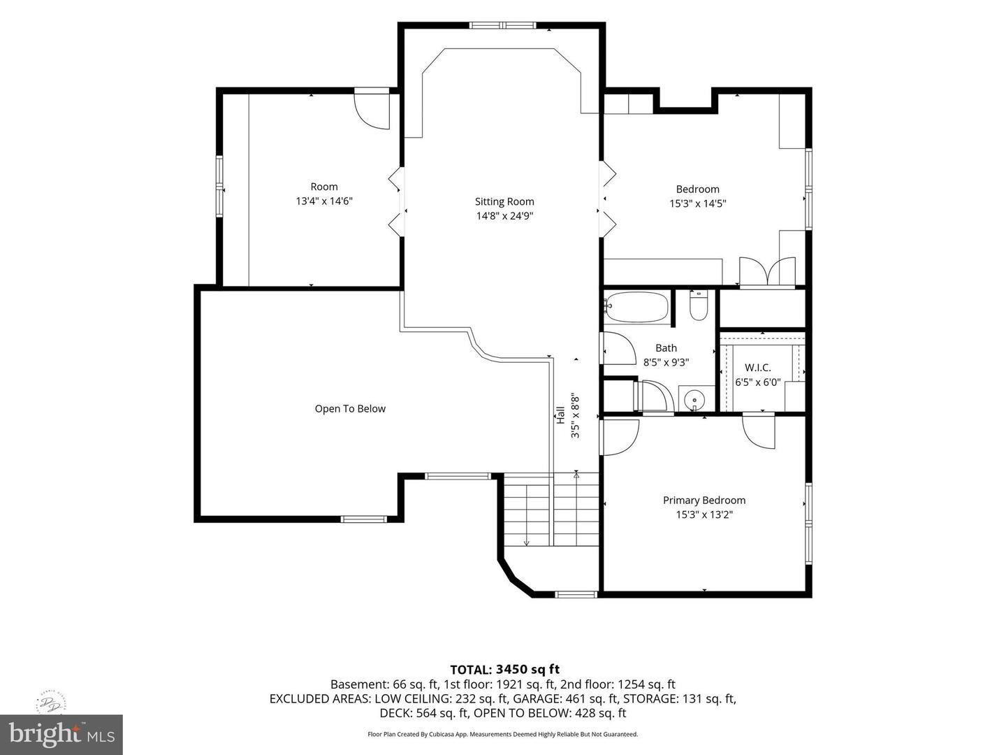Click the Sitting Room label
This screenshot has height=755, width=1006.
(x=504, y=201)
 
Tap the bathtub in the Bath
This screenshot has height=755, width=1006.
(x=636, y=307)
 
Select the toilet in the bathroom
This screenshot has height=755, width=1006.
(x=699, y=305)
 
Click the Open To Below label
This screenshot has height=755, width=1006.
(x=350, y=408)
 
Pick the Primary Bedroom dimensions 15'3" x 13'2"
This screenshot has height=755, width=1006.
(x=704, y=515)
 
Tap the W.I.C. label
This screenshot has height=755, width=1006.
(x=757, y=368)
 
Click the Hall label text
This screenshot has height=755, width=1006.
(x=560, y=415)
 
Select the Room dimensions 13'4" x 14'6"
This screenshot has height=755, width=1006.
(x=324, y=201)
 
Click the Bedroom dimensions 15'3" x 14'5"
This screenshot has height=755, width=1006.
(x=698, y=203)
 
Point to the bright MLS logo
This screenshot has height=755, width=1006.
(x=61, y=734)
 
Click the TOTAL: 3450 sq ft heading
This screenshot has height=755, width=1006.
(x=504, y=669)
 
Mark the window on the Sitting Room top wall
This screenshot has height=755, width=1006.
(x=503, y=25)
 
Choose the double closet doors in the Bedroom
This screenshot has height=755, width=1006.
(x=767, y=273)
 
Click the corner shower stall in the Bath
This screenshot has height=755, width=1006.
(x=654, y=396)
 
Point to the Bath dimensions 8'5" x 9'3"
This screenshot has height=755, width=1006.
(x=666, y=362)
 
